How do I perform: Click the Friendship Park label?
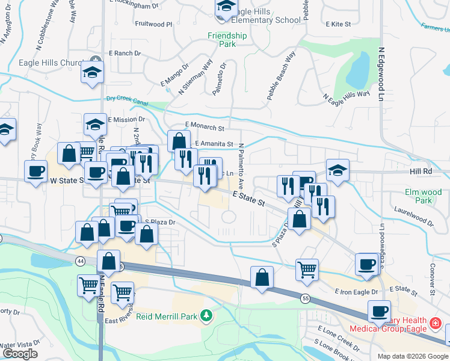coord(227,40)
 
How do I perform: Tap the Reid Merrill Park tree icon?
coord(206,315)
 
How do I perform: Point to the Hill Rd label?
coord(420,171)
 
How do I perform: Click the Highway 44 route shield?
coord(81,261)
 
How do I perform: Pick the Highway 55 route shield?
coord(306,298)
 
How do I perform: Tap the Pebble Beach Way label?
coord(282,76)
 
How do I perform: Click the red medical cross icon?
coord(435,325)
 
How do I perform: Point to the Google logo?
coord(20,354)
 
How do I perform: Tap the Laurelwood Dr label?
coord(413,217)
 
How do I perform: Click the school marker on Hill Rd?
coord(337,170)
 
